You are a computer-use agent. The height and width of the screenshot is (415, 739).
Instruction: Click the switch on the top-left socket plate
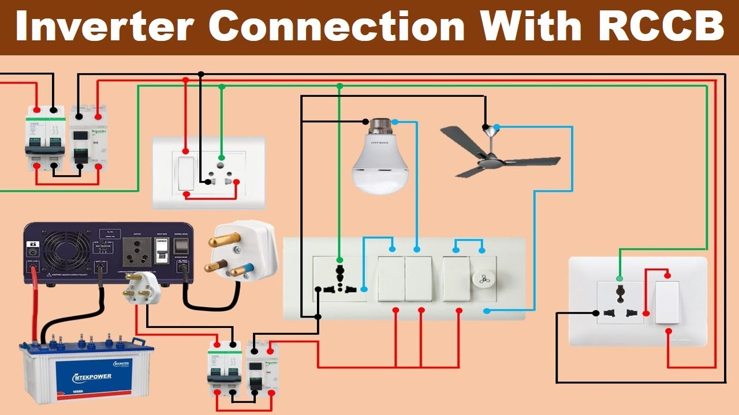(x=185, y=173)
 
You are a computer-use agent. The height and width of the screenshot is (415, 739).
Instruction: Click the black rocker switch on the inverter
(x=183, y=246)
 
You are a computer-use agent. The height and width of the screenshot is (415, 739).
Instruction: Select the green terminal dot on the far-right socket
(x=619, y=278)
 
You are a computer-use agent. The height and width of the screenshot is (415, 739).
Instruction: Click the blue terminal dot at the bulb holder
(x=395, y=122)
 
